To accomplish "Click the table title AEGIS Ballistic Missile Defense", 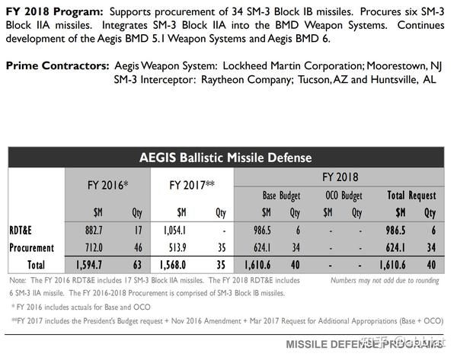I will (225, 158).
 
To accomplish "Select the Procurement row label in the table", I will (32, 248).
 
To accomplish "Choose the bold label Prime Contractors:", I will (56, 67).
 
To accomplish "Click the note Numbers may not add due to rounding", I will (385, 280).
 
